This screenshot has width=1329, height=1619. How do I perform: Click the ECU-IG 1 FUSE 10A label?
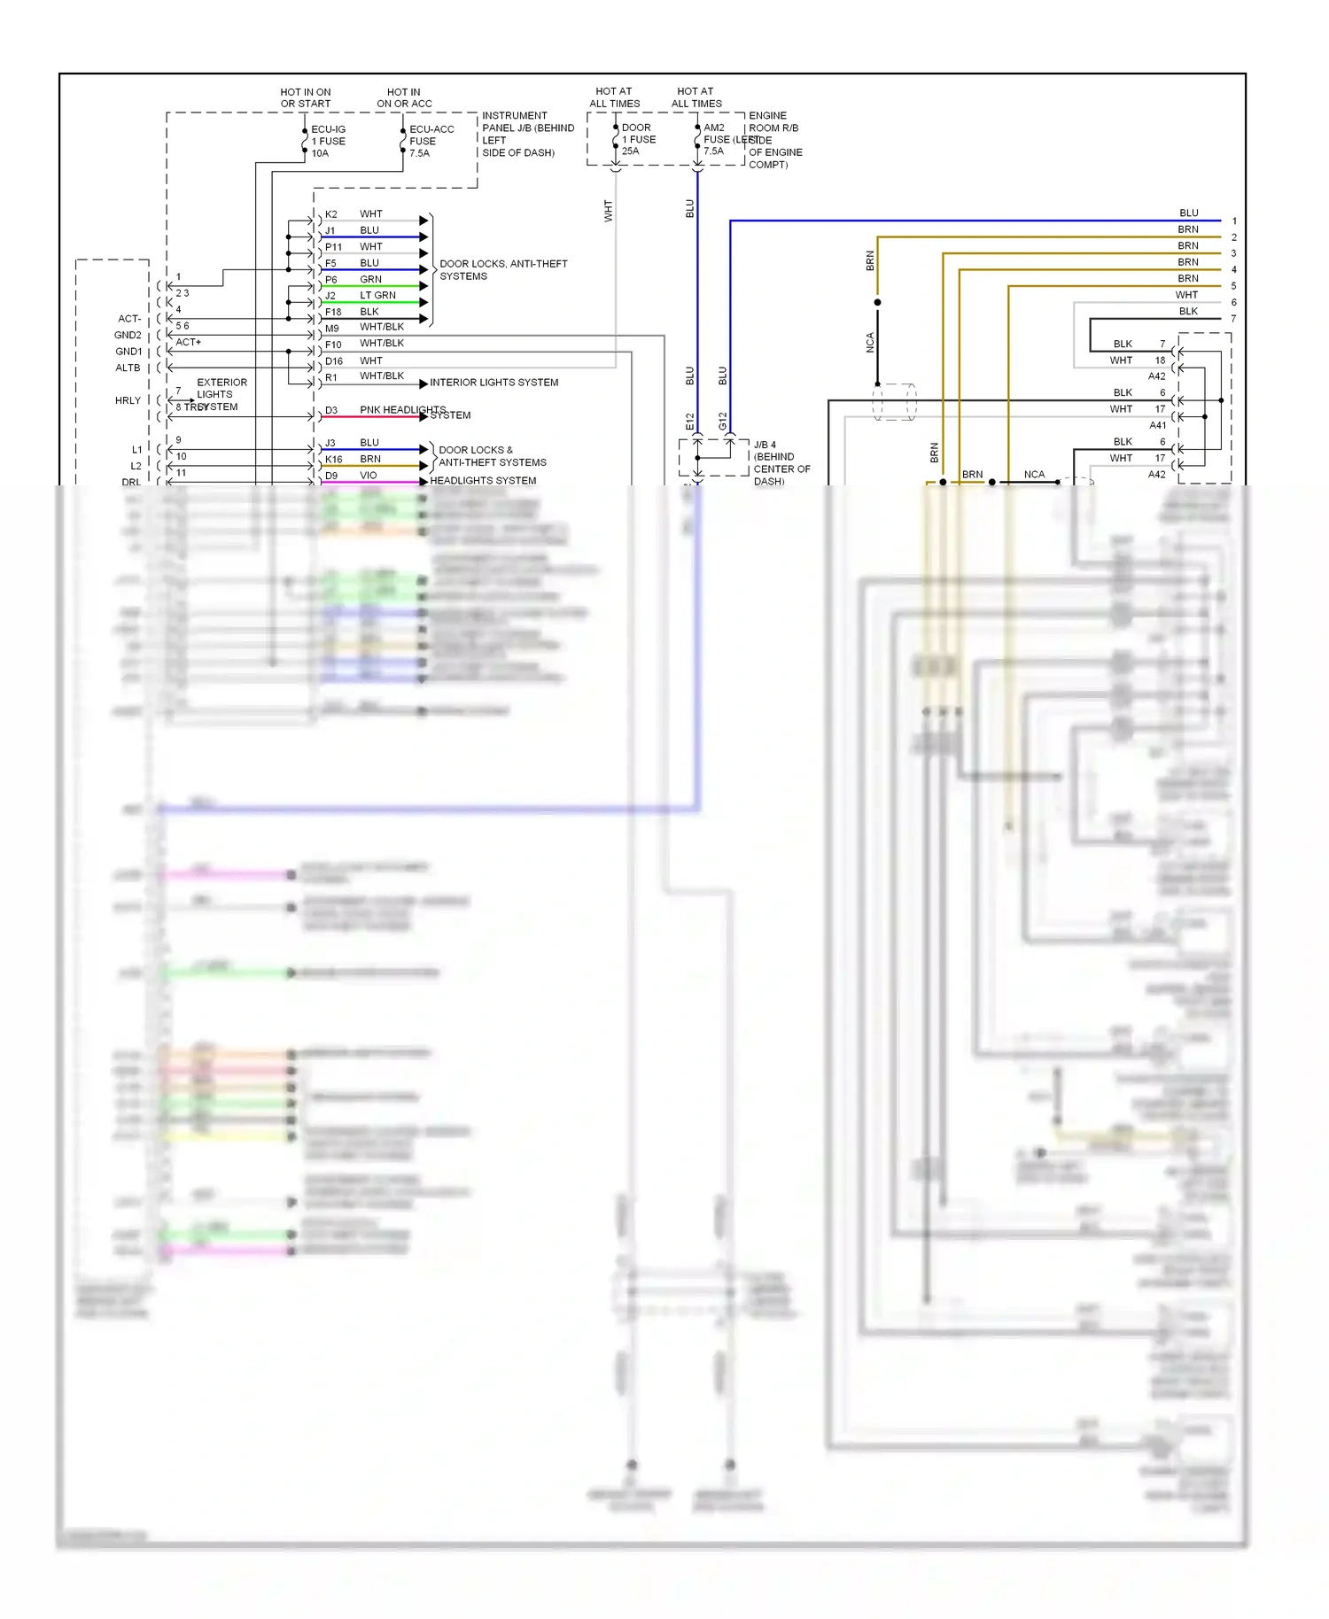[x=328, y=141]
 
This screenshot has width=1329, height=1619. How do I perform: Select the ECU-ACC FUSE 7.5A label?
[x=431, y=141]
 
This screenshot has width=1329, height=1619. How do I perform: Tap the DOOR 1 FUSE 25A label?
[x=638, y=139]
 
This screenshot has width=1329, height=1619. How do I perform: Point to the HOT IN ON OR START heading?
[x=306, y=97]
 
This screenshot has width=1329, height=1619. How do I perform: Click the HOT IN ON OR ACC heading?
[x=404, y=97]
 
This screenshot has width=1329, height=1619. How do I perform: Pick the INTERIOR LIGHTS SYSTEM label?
[x=494, y=383]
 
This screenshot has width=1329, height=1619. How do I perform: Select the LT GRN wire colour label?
[x=377, y=296]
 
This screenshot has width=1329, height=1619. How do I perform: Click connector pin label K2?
[x=330, y=214]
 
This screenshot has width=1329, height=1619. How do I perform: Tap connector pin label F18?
[x=333, y=312]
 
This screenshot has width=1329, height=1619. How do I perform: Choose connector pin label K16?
[x=333, y=460]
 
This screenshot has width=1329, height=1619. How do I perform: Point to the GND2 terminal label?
[x=128, y=335]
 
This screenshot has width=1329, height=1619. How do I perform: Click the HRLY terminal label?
[x=128, y=400]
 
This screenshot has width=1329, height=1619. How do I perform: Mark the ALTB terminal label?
[x=128, y=368]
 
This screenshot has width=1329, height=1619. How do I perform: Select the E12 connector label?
[x=690, y=422]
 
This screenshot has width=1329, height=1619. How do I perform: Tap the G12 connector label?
[x=723, y=422]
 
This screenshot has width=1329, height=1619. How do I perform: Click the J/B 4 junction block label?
[x=780, y=462]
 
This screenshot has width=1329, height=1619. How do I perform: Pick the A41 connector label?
[x=1157, y=425]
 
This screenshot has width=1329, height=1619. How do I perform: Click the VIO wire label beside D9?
[x=368, y=476]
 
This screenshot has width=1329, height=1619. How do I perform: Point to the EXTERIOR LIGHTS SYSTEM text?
[x=218, y=394]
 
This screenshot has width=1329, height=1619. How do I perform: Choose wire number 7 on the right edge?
[x=1233, y=319]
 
